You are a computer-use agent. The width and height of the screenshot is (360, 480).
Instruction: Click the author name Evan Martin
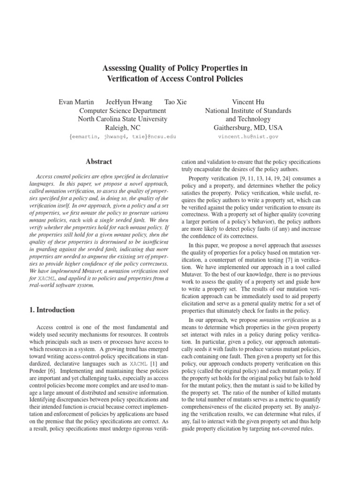(76, 102)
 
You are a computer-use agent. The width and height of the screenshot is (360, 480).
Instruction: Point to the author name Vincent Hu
(248, 102)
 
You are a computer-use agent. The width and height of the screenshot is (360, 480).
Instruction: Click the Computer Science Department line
(122, 110)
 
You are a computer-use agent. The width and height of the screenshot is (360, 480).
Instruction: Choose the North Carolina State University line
(122, 119)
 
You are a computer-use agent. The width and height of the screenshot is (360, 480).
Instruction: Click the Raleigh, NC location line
(122, 127)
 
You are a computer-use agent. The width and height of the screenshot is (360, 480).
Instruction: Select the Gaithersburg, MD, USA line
(248, 127)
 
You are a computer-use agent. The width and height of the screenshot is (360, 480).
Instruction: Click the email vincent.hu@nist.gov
(248, 136)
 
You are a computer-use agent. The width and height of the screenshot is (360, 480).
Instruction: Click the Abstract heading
(99, 162)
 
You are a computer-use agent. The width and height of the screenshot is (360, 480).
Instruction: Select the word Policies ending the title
(227, 79)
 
